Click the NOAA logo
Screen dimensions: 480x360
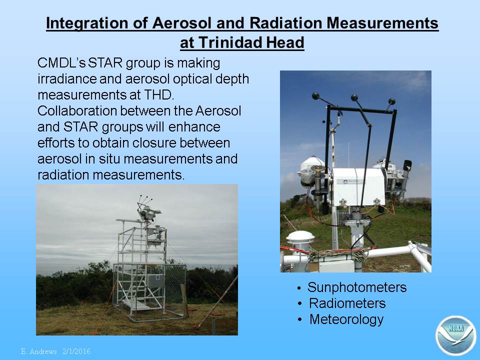(456, 335)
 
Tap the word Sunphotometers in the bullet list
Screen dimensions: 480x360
(357, 287)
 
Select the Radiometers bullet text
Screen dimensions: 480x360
(347, 303)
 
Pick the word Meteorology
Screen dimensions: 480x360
(346, 319)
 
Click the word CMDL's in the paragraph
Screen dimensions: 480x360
(61, 63)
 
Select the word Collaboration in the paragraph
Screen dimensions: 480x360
(77, 110)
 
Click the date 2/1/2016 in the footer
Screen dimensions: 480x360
(76, 351)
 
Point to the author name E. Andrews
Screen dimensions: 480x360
(39, 351)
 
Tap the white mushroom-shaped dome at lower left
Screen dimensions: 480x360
(300, 236)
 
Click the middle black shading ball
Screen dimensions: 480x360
(354, 97)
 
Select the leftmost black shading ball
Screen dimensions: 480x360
(315, 96)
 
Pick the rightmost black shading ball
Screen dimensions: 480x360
(392, 101)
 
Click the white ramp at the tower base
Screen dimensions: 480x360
(135, 304)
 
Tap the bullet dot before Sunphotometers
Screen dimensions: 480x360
(299, 288)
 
